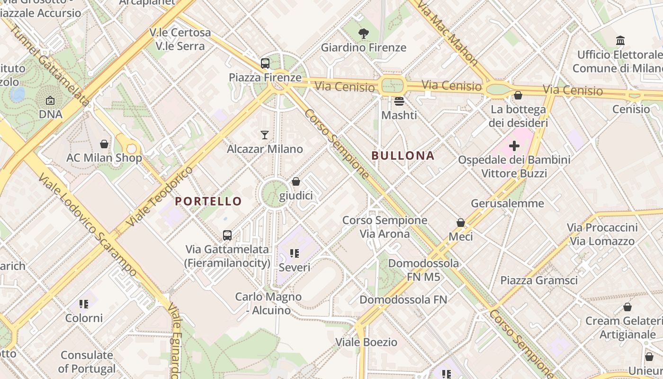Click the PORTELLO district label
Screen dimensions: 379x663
pyautogui.click(x=208, y=201)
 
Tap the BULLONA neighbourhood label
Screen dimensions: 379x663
pyautogui.click(x=403, y=155)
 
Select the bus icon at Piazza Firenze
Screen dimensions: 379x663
pyautogui.click(x=265, y=63)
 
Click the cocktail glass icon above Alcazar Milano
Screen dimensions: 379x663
pyautogui.click(x=265, y=135)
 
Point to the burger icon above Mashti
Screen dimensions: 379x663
pyautogui.click(x=399, y=101)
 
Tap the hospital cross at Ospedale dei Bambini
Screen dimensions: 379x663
pyautogui.click(x=514, y=146)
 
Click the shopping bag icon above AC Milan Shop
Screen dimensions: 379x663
pyautogui.click(x=104, y=144)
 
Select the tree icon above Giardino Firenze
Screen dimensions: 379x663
pyautogui.click(x=363, y=34)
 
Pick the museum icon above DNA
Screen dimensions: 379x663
pyautogui.click(x=50, y=100)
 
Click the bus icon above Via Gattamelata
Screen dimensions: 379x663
pyautogui.click(x=227, y=235)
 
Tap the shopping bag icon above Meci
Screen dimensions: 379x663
pyautogui.click(x=460, y=222)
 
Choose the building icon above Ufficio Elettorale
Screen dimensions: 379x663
pyautogui.click(x=620, y=41)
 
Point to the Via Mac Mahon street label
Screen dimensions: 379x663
pyautogui.click(x=448, y=33)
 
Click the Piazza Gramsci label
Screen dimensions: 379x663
pyautogui.click(x=539, y=280)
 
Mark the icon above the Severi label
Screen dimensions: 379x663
pyautogui.click(x=295, y=253)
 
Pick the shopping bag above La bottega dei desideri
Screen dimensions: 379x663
pyautogui.click(x=518, y=96)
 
